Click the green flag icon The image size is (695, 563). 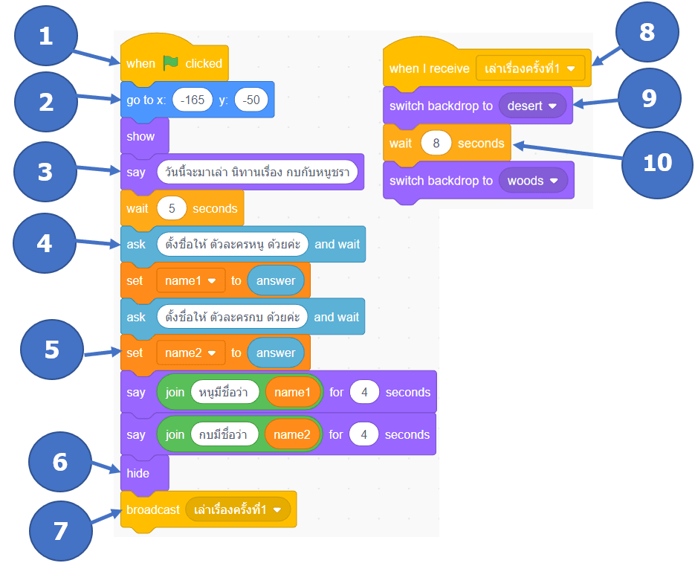170,63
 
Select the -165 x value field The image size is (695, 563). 193,100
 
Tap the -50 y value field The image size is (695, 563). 251,100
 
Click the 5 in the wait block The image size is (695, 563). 172,208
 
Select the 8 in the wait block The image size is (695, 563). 436,144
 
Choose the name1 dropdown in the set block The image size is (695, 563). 190,280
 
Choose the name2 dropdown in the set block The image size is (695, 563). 190,353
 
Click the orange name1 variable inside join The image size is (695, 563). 293,392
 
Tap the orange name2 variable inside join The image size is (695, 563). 292,434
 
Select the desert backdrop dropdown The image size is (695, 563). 532,106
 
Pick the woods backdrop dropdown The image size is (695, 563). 533,181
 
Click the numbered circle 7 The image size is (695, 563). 61,531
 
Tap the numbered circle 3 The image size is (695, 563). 45,172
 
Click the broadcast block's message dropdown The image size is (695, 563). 238,509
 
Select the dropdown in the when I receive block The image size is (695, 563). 530,68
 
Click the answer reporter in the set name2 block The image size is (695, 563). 276,353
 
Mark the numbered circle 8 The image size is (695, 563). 647,32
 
